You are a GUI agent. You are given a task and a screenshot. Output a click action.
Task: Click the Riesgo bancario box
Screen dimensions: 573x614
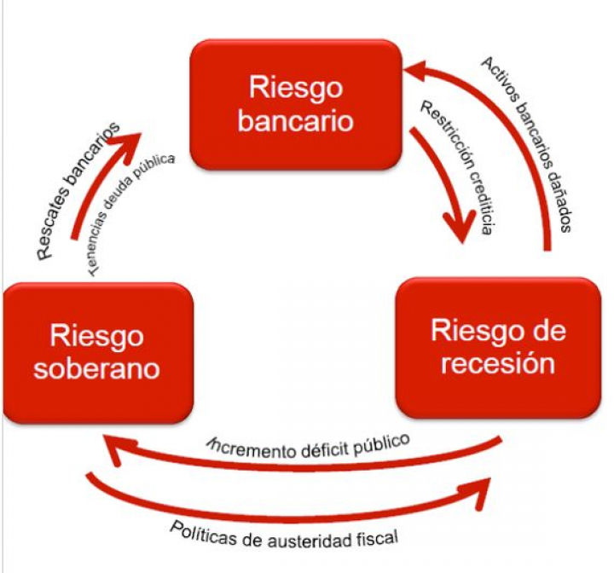[295, 103]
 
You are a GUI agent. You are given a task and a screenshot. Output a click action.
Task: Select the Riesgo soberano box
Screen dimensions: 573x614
[96, 351]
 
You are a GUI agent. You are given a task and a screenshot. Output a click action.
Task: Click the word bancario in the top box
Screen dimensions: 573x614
[295, 120]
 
